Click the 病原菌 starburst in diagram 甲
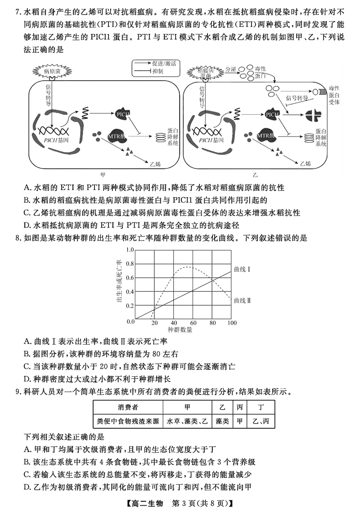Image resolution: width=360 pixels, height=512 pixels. [x=52, y=71]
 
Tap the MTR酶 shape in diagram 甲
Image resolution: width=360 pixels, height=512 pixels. [x=117, y=136]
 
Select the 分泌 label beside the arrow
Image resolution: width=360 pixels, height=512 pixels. [x=231, y=69]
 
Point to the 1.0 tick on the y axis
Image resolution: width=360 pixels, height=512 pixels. [x=130, y=249]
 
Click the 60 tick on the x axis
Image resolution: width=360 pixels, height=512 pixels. [x=193, y=323]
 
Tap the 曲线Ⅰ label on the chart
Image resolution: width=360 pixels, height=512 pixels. [x=243, y=269]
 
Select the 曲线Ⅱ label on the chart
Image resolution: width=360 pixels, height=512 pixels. [x=243, y=299]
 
